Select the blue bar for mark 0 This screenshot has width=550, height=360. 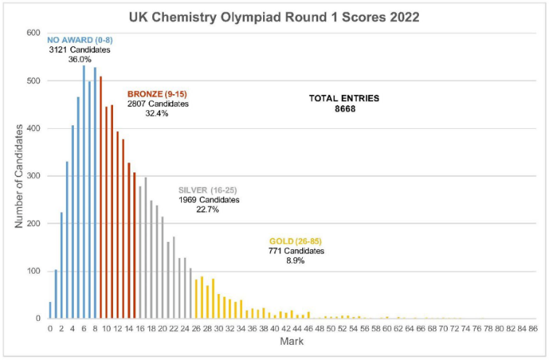pyautogui.click(x=50, y=311)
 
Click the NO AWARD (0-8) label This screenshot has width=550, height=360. pyautogui.click(x=75, y=40)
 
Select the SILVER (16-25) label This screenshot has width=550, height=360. pyautogui.click(x=209, y=190)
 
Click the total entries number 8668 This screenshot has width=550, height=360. pyautogui.click(x=344, y=109)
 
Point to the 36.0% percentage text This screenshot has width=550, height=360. pyautogui.click(x=80, y=59)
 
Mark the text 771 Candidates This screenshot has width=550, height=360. pyautogui.click(x=296, y=251)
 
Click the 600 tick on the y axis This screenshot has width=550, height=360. pyautogui.click(x=33, y=33)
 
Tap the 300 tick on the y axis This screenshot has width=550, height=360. pyautogui.click(x=33, y=176)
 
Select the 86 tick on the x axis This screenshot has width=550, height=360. pyautogui.click(x=533, y=329)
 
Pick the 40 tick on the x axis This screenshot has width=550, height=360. pyautogui.click(x=275, y=329)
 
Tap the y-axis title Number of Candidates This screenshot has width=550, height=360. pyautogui.click(x=19, y=176)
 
